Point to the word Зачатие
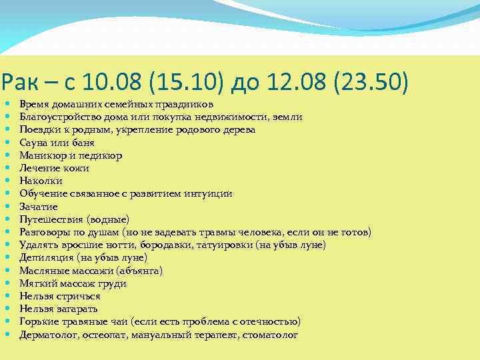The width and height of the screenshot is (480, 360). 39,207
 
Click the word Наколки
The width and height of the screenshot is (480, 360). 41,181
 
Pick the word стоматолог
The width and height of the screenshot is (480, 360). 270,335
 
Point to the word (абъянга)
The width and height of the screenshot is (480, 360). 139,271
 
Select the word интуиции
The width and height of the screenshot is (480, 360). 210,194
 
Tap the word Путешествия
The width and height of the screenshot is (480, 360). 52,219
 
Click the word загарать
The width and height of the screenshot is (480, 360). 77,309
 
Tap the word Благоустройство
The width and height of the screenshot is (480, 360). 57,117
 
